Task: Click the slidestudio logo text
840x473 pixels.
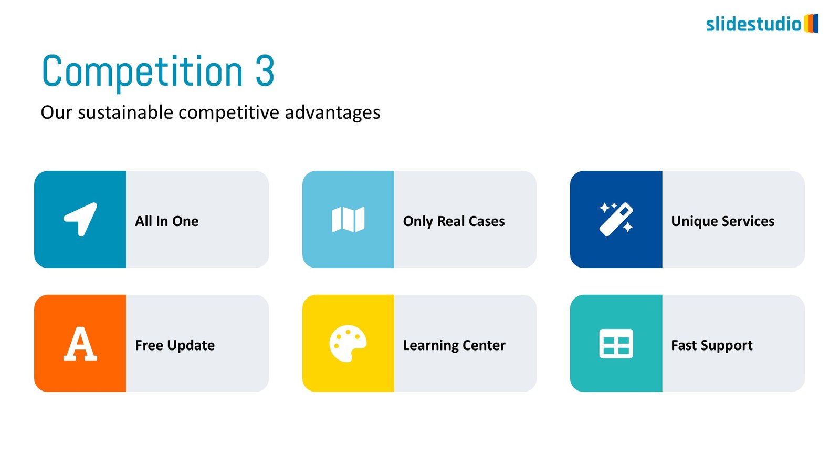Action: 754,24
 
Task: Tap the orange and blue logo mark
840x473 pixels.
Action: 811,23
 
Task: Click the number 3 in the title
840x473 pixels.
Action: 265,71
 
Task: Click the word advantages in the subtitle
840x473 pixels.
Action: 333,112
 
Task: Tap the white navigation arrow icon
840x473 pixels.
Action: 80,219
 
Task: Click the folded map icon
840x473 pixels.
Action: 348,219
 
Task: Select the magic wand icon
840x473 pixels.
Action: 616,219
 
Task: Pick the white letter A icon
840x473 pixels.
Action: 80,344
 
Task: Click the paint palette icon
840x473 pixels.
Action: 348,344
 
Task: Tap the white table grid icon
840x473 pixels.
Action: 616,344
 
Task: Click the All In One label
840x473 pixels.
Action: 167,221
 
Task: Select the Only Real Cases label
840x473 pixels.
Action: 454,221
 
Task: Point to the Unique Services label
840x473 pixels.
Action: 722,221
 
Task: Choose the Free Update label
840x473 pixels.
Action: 175,345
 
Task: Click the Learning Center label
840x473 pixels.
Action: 454,345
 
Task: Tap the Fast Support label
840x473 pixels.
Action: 712,345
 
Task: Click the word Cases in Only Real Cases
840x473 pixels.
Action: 486,221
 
